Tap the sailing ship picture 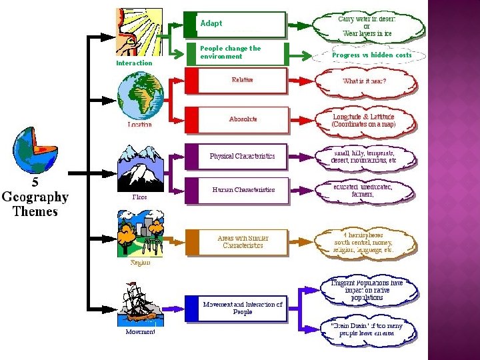coord(139,303)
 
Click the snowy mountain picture coord(139,167)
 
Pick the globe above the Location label coord(139,96)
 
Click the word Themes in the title coord(35,211)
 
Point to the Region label coord(140,262)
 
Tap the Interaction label coord(134,63)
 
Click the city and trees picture coord(139,233)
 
